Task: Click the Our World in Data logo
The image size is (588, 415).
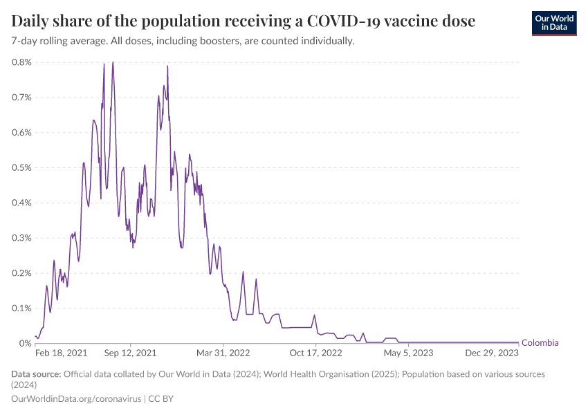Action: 553,23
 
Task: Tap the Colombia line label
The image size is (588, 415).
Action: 540,343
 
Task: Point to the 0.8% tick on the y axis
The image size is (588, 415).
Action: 21,62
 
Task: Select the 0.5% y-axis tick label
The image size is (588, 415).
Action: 21,167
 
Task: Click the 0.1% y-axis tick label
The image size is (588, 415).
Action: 21,308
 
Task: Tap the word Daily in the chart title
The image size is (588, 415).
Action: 30,21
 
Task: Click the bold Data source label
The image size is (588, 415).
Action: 37,374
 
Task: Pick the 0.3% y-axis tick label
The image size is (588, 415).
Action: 21,237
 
